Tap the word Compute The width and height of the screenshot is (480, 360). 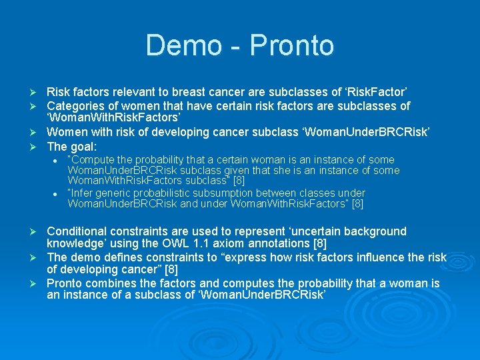(94, 160)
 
